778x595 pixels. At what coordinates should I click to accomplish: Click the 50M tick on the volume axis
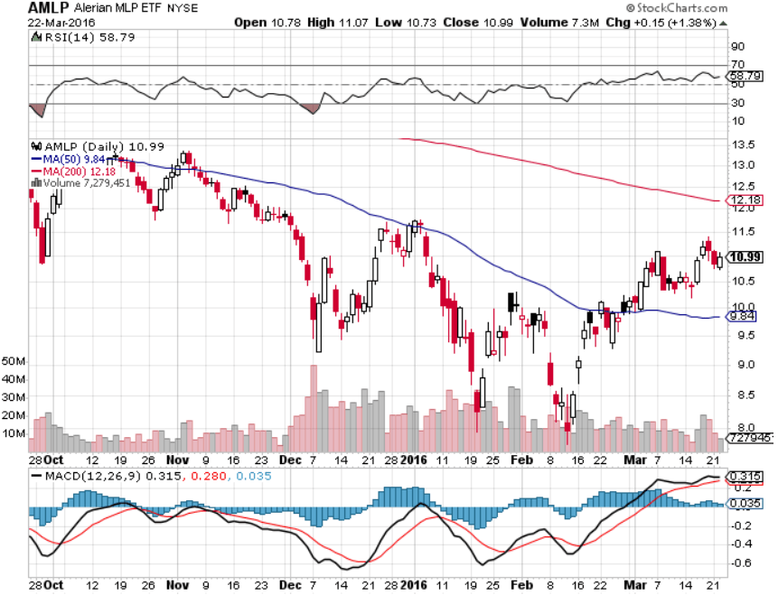[x=13, y=361]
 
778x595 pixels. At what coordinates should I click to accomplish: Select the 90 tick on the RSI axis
[x=737, y=47]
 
